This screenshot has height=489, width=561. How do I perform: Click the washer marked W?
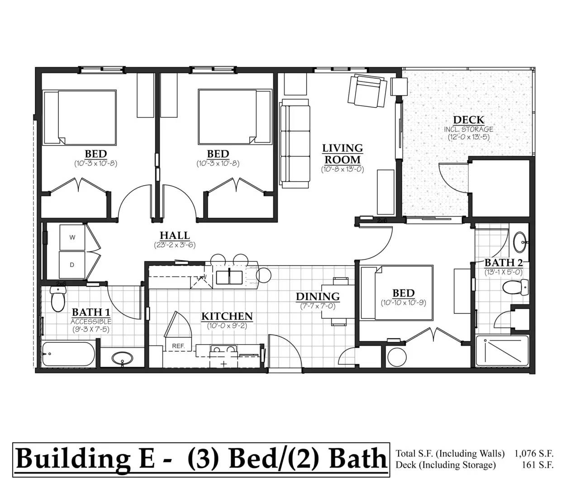tap(72, 237)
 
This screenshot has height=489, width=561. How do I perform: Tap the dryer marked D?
tap(72, 265)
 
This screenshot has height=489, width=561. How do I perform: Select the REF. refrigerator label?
tap(178, 346)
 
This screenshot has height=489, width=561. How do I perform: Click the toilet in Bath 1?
tap(58, 299)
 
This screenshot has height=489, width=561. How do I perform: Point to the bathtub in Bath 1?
tap(69, 354)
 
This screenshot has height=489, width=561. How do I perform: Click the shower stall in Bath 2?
tap(502, 351)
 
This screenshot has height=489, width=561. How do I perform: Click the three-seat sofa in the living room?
tap(295, 143)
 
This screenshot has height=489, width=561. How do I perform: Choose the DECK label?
tap(469, 120)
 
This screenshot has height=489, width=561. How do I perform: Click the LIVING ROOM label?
tap(342, 153)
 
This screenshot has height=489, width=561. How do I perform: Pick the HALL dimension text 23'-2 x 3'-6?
tap(175, 245)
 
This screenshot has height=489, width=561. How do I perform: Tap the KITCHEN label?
tap(227, 316)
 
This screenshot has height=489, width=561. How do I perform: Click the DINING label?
tap(318, 297)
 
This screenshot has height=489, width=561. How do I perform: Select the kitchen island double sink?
tap(229, 278)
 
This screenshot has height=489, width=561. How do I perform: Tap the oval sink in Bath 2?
tap(520, 242)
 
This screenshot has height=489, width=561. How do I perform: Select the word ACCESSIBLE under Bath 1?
tap(91, 321)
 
